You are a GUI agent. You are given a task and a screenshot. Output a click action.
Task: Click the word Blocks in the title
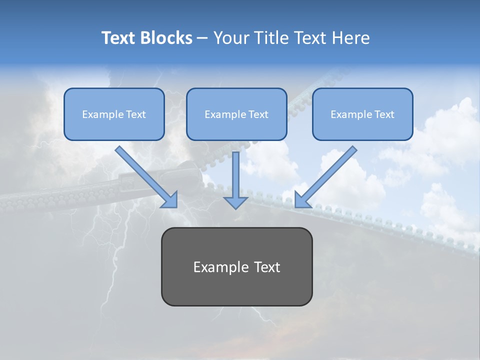pos(166,38)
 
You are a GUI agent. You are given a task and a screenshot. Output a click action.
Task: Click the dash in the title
pos(202,38)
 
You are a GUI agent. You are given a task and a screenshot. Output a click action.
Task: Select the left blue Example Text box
pos(114,114)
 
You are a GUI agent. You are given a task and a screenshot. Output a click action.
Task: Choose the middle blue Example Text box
pos(236,114)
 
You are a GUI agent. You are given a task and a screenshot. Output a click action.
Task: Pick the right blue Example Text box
pos(363,114)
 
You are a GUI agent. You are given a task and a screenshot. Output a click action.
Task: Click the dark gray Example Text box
pos(237,266)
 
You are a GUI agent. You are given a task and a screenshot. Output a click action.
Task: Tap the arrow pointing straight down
pos(235,180)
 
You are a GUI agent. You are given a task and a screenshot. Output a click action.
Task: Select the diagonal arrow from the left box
pos(146,177)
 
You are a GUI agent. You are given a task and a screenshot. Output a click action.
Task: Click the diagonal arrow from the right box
pos(325,177)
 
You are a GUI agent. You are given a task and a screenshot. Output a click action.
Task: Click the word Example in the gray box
pos(217,267)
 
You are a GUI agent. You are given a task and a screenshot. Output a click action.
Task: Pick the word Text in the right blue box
pos(384,114)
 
